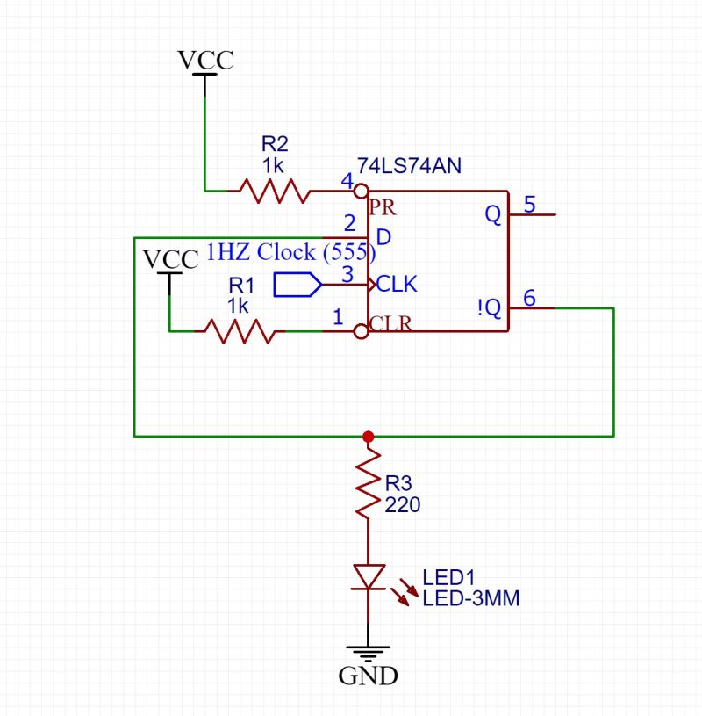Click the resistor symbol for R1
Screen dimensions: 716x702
(239, 331)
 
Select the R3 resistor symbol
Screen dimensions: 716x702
(368, 485)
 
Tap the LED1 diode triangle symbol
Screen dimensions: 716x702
(368, 576)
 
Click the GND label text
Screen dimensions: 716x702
(369, 676)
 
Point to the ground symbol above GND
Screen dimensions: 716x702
(368, 652)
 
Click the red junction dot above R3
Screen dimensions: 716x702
(368, 436)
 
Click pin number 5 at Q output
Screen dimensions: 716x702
(529, 205)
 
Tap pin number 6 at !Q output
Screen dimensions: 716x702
(529, 299)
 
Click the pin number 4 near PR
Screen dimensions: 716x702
(347, 182)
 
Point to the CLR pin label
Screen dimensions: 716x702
(390, 323)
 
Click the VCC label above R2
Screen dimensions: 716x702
(205, 60)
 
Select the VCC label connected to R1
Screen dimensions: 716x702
(170, 260)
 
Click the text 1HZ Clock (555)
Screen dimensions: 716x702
(290, 253)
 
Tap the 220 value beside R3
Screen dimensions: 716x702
(403, 505)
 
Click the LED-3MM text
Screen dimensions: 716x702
(471, 599)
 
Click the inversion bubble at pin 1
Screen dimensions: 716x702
(360, 331)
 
